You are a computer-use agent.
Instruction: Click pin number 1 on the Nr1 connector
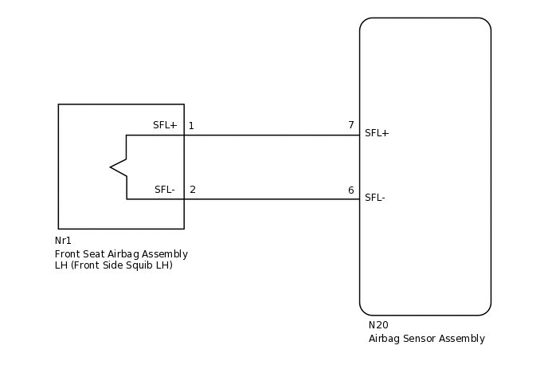coord(191,126)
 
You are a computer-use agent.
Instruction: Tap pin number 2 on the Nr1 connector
coord(192,190)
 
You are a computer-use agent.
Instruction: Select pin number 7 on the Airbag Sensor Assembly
coord(350,125)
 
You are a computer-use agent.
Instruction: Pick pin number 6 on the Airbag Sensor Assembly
coord(350,190)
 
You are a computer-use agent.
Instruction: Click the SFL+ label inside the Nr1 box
coord(165,126)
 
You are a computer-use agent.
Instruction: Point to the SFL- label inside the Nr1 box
coord(165,190)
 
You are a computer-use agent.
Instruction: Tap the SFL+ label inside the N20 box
coord(377,133)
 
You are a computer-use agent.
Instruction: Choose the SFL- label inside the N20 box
coord(375,197)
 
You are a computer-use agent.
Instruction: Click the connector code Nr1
coord(63,241)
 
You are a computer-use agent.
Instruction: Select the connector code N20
coord(378,325)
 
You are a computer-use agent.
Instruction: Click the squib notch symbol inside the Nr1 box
coord(119,167)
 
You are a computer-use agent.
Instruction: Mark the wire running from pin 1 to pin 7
coord(271,135)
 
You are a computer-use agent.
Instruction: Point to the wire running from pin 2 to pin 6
coord(271,198)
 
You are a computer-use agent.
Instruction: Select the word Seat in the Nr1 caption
coord(93,254)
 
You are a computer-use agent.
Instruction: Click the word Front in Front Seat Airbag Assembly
coord(67,254)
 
